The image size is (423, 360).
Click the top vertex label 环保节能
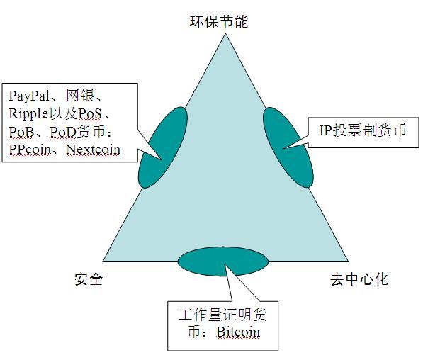218,21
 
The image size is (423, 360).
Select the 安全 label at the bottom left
89,279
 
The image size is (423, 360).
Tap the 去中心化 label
359,279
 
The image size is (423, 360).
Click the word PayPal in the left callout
29,96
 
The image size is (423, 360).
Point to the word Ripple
28,114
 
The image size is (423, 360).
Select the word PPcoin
30,150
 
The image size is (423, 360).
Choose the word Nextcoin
94,150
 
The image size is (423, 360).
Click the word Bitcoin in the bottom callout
238,332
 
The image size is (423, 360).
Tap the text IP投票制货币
363,130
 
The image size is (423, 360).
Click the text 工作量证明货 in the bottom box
222,315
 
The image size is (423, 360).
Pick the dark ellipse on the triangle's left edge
163,147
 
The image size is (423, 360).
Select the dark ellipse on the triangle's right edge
288,147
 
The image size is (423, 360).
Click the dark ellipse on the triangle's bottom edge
222,261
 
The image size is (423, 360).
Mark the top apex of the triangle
225,33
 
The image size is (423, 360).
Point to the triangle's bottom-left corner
103,261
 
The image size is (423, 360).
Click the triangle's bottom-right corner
349,261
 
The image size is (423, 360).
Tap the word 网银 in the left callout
80,96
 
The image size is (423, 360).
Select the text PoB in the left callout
21,132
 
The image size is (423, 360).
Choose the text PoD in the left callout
63,132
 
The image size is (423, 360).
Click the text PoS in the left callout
90,114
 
